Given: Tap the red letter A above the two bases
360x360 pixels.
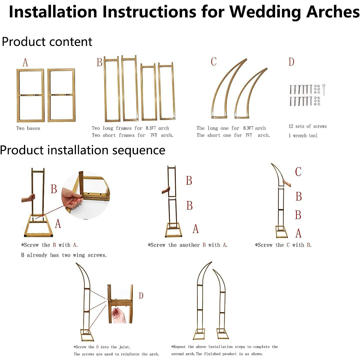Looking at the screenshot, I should pyautogui.click(x=25, y=63).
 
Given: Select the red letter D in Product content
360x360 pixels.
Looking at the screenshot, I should pyautogui.click(x=291, y=62).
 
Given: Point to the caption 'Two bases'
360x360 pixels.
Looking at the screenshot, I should pyautogui.click(x=28, y=128).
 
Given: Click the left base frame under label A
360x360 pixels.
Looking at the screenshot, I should pyautogui.click(x=30, y=95).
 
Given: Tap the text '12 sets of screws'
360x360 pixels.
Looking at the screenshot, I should pyautogui.click(x=307, y=126).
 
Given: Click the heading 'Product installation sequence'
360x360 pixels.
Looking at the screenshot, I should pyautogui.click(x=82, y=150).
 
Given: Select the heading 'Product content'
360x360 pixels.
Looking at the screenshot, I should pyautogui.click(x=47, y=42).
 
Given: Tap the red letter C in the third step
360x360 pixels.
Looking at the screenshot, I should pyautogui.click(x=298, y=172).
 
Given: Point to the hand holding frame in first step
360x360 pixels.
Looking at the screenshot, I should pyautogui.click(x=28, y=198).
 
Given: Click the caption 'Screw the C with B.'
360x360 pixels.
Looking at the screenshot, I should pyautogui.click(x=283, y=245).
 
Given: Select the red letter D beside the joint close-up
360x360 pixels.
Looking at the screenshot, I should pyautogui.click(x=141, y=296).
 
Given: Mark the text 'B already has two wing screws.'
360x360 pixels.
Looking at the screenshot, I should pyautogui.click(x=64, y=255).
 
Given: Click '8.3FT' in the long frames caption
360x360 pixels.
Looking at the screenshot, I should pyautogui.click(x=151, y=128).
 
